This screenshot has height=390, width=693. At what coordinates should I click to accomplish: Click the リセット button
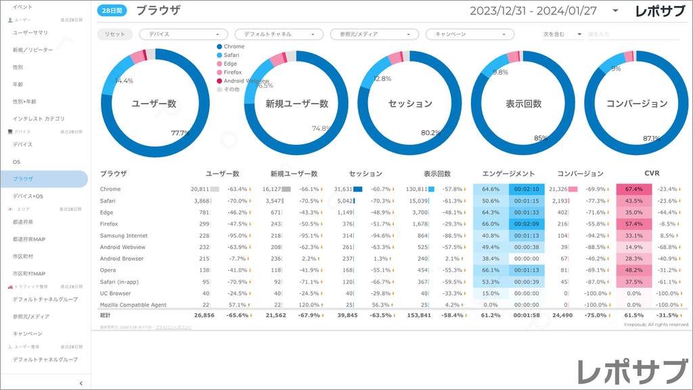115,34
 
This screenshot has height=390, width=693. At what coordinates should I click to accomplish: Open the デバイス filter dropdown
183,34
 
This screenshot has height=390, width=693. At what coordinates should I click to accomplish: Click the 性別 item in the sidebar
18,67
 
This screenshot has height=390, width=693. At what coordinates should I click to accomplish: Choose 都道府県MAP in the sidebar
29,238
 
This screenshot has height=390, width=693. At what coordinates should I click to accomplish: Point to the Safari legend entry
232,55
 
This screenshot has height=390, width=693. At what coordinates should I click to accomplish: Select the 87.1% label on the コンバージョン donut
652,138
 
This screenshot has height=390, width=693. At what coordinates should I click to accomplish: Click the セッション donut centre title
411,104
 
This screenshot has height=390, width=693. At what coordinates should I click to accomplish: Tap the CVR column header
652,174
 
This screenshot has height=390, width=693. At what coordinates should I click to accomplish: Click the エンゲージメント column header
509,174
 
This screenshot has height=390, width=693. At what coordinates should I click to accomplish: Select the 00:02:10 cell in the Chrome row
526,190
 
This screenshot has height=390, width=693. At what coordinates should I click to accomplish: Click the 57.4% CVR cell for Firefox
634,223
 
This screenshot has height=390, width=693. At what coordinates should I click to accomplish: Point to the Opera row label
108,270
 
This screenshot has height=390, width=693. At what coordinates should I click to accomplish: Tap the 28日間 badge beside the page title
112,11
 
